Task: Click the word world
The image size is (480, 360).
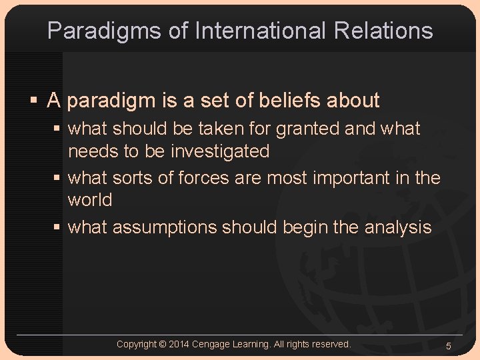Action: click(90, 200)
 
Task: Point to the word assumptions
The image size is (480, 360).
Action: click(165, 227)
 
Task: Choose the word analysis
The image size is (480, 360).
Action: click(398, 227)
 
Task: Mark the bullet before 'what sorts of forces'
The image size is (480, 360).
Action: click(57, 178)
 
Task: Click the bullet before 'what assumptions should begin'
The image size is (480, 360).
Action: click(57, 227)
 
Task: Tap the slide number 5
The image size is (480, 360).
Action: click(449, 345)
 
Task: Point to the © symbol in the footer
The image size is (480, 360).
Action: click(163, 344)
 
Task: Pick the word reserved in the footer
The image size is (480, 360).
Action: click(330, 344)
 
